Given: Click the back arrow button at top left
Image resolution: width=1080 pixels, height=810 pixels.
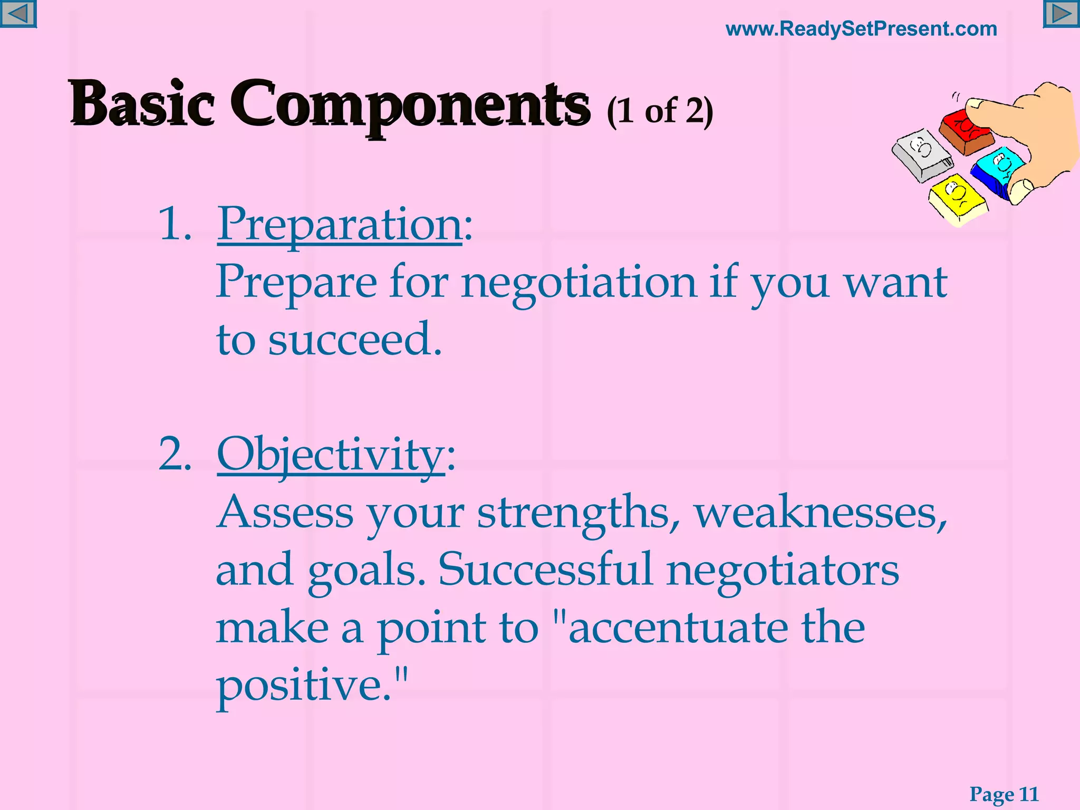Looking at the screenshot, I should coord(18,14).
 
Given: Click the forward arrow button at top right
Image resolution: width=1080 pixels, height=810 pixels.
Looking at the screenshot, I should coord(1062,14).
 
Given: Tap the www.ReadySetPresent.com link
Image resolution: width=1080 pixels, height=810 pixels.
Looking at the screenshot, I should coord(861,29).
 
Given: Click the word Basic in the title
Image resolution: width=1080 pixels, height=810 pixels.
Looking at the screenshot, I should coord(142,103).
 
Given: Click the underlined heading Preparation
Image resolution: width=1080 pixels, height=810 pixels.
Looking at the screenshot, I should coord(340,224).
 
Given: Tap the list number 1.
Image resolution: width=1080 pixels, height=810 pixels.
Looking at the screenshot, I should coord(175,224).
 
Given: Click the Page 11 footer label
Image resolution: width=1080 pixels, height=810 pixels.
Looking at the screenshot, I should coord(1004,794).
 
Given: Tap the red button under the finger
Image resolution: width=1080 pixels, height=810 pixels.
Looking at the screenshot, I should coord(966,132).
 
